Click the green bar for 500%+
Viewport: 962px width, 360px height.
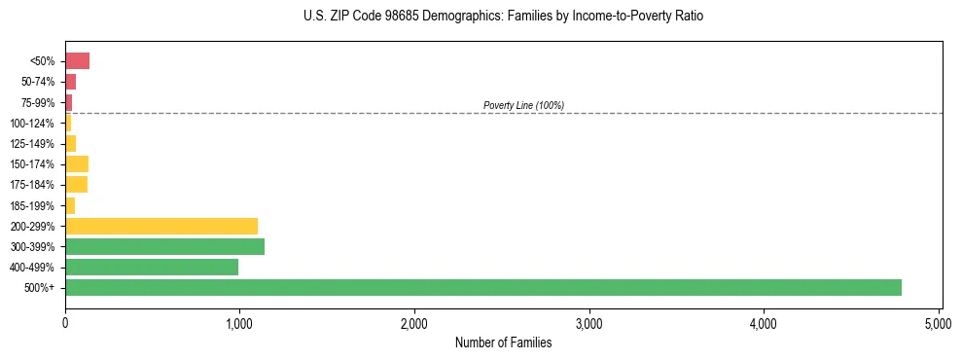[483, 287]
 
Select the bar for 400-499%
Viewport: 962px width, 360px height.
[152, 267]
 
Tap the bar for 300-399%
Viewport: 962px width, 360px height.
[164, 246]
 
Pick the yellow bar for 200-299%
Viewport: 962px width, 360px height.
[161, 226]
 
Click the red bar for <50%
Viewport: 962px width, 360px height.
[78, 61]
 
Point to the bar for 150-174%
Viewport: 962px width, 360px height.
[77, 163]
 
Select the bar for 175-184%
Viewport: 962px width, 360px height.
[77, 184]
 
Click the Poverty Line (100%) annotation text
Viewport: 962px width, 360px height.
[523, 105]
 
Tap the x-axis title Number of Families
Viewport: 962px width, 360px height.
[503, 342]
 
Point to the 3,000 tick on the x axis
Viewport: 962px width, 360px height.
[588, 321]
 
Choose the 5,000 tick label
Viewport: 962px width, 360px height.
[938, 321]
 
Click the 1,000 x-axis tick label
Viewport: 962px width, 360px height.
[239, 321]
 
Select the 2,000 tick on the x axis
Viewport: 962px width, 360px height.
[414, 321]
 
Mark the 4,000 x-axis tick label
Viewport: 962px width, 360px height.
[764, 321]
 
